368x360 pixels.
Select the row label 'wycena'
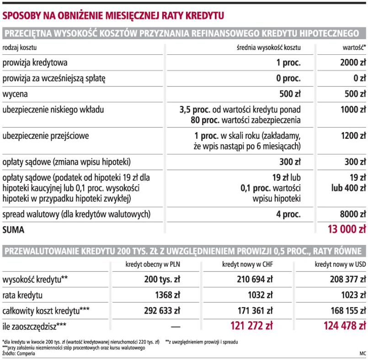15,94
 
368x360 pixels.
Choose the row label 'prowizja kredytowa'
35,63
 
